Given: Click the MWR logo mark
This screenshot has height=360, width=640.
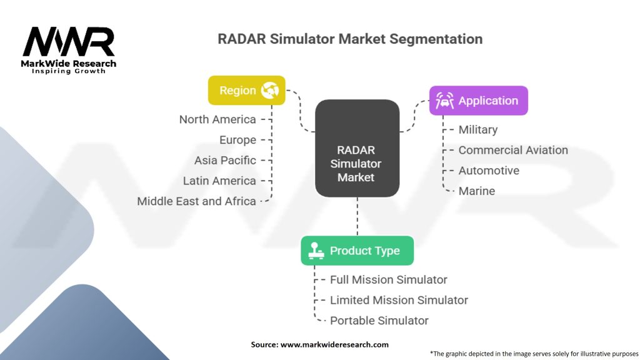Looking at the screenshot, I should tap(69, 42).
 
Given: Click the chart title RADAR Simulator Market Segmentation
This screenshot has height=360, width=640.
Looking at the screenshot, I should tap(349, 39).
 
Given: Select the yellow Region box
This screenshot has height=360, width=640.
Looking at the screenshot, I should tap(246, 91).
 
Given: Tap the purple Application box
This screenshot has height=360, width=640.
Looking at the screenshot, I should tap(478, 101).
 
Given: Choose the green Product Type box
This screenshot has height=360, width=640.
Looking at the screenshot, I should tap(356, 251).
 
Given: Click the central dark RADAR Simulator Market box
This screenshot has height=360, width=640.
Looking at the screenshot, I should tap(356, 164).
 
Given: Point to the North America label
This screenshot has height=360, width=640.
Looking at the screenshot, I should tap(217, 119).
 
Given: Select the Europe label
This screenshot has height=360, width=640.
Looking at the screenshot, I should tap(237, 140).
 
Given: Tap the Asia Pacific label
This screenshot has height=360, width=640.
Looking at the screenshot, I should tap(225, 160).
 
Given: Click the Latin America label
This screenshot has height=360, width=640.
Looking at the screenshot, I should tap(219, 181).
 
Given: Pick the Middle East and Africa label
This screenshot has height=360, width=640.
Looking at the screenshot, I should tap(196, 201).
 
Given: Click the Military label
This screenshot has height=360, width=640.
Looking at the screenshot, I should tap(477, 130).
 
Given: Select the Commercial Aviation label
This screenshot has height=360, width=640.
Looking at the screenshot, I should tap(512, 150).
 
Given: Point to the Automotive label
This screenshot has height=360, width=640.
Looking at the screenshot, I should tap(488, 171).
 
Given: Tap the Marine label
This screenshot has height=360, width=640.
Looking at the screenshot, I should tap(476, 191).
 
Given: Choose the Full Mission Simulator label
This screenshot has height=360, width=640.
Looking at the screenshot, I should tap(388, 279).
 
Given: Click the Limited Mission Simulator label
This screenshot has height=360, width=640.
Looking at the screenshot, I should tap(399, 300).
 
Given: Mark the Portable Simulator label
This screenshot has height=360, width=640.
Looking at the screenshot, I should tap(379, 321).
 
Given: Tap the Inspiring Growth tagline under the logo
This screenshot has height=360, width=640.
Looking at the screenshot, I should tap(69, 71).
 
